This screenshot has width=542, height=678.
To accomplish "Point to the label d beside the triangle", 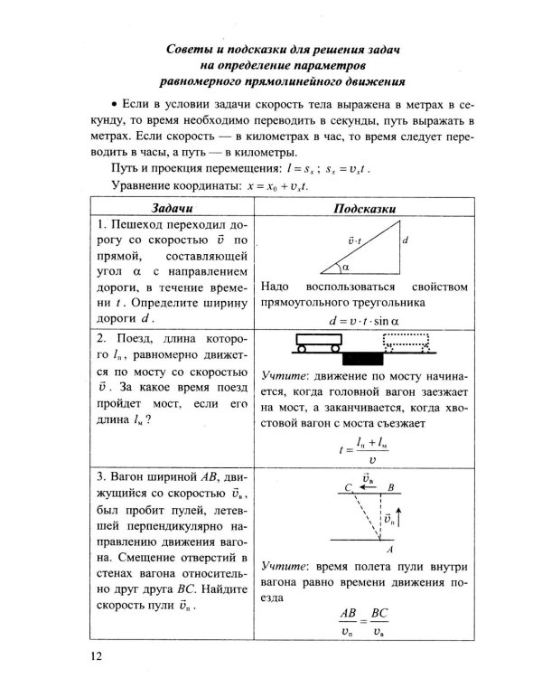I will coord(406,241).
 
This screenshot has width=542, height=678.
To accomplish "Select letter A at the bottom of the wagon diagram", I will coord(388,548).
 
